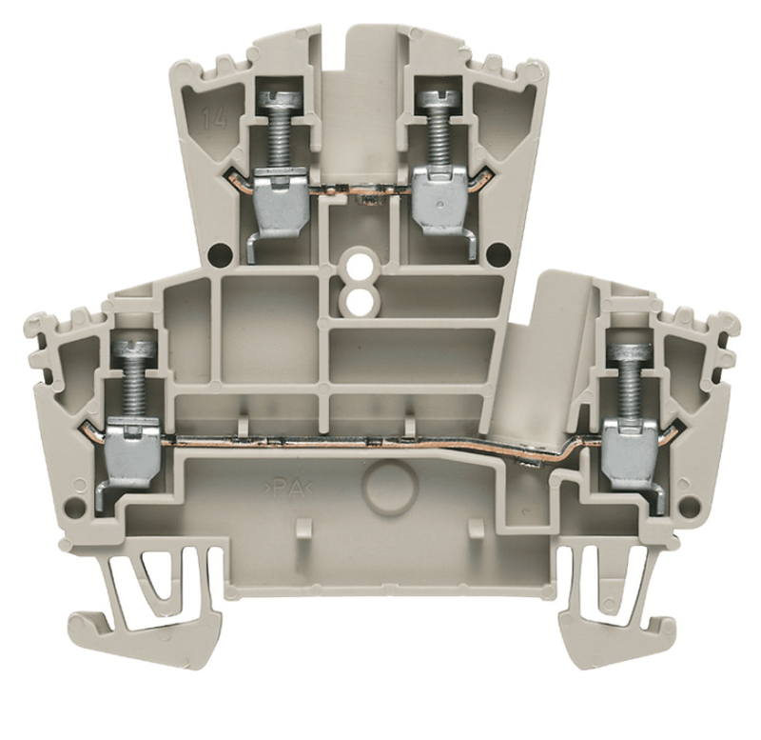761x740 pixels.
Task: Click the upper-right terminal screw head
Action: pos(439,99)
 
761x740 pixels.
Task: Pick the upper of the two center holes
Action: pos(360,260)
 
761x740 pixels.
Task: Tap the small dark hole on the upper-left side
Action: pos(221,253)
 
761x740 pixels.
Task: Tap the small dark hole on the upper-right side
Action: pos(496,253)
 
